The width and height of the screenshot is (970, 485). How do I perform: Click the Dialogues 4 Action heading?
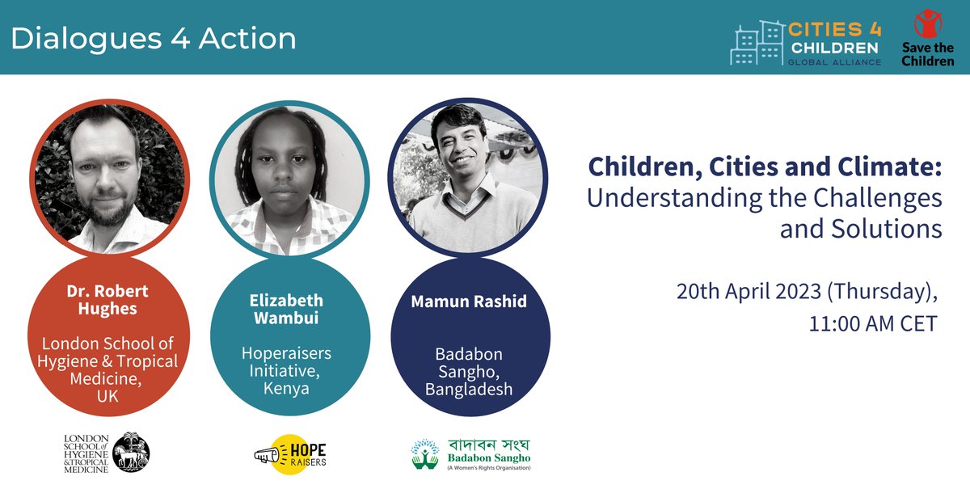(x=154, y=38)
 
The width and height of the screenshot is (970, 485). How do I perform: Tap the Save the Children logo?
(x=928, y=37)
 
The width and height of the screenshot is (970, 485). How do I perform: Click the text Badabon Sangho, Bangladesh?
(x=470, y=372)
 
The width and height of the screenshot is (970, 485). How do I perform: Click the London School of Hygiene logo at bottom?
(x=108, y=453)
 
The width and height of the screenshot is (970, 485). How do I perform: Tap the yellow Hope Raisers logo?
(x=289, y=453)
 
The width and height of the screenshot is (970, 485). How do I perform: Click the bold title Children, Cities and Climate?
(x=765, y=166)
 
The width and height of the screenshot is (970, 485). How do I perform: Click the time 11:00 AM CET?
(x=873, y=324)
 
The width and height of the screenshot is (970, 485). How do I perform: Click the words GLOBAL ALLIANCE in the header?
(x=834, y=61)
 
